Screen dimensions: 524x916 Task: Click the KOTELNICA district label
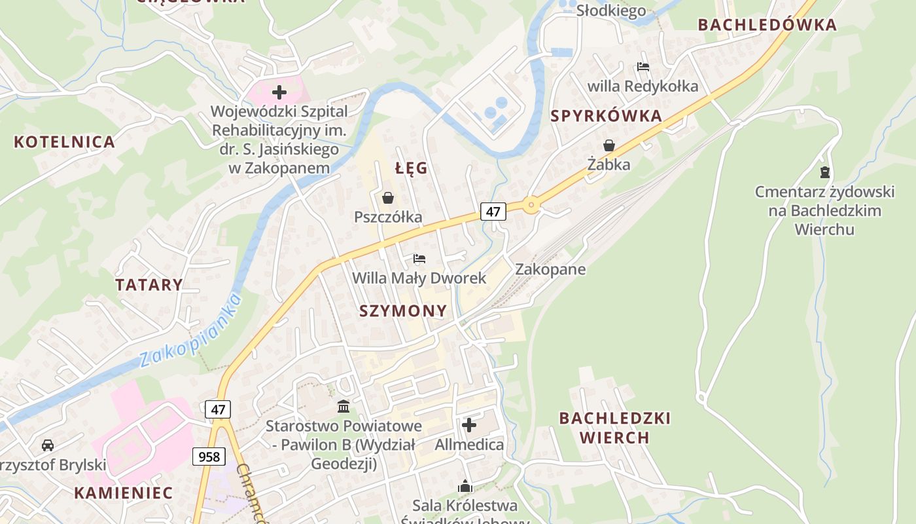point(64,142)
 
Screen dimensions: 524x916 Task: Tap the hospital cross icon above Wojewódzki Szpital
point(279,92)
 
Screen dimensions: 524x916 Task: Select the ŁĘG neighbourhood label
point(412,168)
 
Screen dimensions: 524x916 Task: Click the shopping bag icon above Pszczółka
point(388,197)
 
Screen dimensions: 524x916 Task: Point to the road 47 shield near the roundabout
point(493,212)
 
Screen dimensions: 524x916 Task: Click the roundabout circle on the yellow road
point(531,206)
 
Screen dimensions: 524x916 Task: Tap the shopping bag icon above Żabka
point(608,145)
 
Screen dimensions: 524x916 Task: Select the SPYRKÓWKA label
point(606,117)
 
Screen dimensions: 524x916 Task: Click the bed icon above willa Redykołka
point(643,67)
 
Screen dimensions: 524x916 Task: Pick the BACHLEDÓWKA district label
point(767,26)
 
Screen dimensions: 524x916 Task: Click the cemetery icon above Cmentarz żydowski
point(824,172)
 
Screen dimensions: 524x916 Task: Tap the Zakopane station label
point(550,269)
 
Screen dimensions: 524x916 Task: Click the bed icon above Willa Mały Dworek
point(419,259)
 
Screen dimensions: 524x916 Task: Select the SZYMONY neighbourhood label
point(403,311)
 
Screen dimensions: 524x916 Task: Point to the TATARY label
point(149,285)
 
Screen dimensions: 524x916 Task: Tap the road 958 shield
point(209,456)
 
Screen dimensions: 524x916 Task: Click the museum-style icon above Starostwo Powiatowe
point(343,407)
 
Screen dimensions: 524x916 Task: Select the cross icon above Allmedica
point(469,426)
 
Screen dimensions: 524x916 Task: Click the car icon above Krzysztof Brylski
point(48,445)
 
